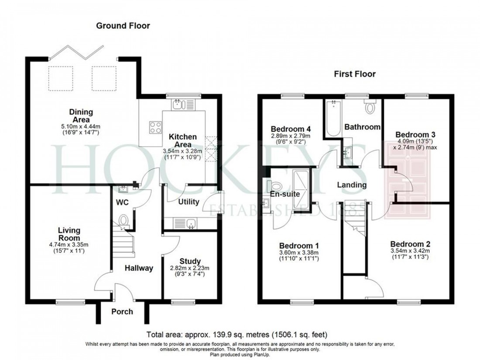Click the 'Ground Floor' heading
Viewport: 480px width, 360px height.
point(123,26)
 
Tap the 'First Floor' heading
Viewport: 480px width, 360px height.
point(355,74)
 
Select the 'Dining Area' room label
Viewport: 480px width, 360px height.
point(81,116)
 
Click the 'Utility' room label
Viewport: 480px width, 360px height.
point(189,202)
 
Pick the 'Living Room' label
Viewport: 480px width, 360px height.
point(69,233)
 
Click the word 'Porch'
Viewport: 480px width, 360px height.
point(122,312)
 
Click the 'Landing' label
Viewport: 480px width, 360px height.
point(352,185)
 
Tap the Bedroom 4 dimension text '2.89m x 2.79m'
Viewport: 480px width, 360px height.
point(291,136)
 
